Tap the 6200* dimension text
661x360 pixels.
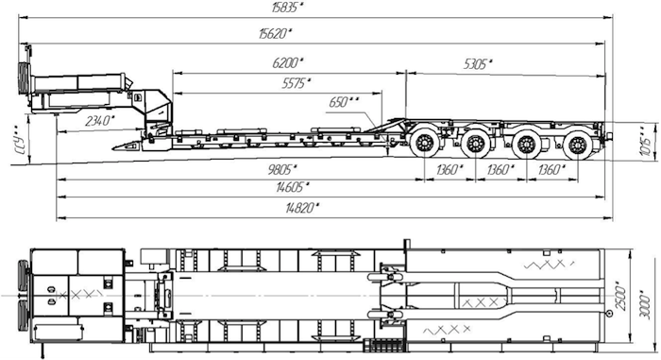coord(286,62)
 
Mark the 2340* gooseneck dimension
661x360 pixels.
coord(98,120)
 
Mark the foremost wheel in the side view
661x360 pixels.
coord(425,145)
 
